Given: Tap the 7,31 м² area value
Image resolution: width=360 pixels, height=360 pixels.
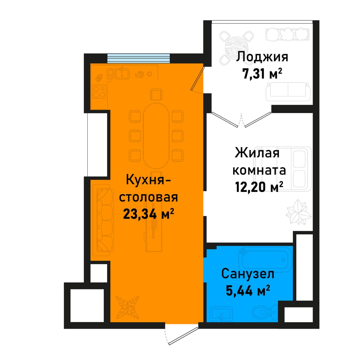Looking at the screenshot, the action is pos(262,73).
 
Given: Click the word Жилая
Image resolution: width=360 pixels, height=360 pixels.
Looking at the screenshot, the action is pos(257,153).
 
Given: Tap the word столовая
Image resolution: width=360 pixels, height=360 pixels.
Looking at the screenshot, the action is pos(148,197).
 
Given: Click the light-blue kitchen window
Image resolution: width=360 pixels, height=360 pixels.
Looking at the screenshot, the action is pos(138,58).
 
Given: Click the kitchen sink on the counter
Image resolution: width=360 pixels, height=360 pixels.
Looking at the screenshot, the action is pos(122,73).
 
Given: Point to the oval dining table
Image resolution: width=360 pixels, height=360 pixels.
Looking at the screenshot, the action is pos(156,136).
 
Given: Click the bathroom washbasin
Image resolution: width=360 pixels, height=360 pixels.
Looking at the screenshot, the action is pos(222,313).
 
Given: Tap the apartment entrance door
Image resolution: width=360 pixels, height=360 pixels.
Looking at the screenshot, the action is pos(183,340).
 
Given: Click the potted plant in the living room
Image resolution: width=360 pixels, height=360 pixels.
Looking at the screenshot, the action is pos(299,212).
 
